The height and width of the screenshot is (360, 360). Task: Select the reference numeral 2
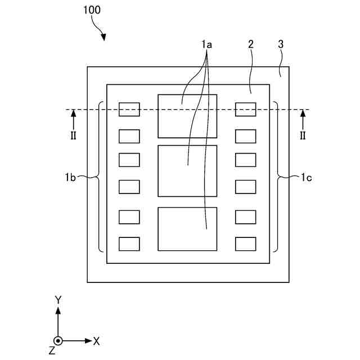[x=251, y=44]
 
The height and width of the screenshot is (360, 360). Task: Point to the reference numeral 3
[x=281, y=44]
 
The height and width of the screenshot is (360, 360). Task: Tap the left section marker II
[x=73, y=136]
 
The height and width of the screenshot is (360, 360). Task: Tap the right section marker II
[x=303, y=136]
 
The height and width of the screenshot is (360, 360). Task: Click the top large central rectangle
[x=187, y=116]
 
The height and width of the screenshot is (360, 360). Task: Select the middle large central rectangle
[x=187, y=171]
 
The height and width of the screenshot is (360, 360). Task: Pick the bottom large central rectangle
[x=187, y=229]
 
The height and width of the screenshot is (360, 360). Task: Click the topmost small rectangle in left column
[x=129, y=109]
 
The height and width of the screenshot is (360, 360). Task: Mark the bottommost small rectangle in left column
[x=129, y=244]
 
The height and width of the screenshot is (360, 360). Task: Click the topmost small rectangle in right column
[x=245, y=109]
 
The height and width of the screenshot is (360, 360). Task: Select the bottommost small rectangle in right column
[x=245, y=244]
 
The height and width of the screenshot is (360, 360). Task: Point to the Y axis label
[x=58, y=299]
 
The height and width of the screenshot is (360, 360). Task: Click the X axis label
[x=96, y=341]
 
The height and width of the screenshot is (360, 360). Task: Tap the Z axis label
[x=52, y=351]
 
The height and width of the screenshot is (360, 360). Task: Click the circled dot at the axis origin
[x=58, y=341]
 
